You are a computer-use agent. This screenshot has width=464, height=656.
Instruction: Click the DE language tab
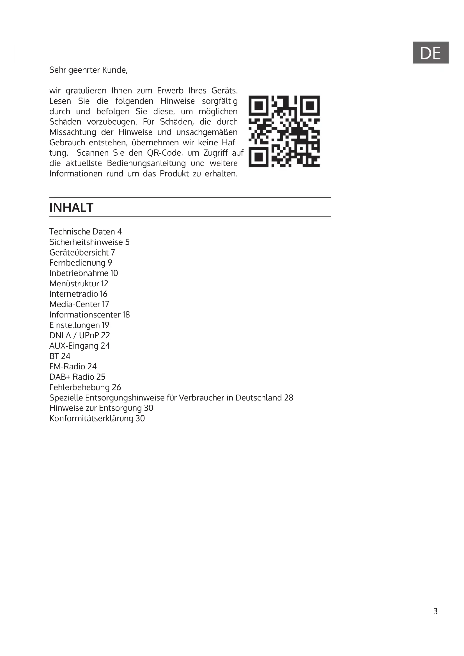430,52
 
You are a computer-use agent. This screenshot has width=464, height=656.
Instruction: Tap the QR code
284,131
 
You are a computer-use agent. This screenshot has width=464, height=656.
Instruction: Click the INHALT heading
71,208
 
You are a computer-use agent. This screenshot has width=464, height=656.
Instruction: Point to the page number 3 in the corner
435,611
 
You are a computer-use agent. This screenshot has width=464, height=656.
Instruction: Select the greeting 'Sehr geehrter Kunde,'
88,70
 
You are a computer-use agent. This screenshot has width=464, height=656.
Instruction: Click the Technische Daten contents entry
86,231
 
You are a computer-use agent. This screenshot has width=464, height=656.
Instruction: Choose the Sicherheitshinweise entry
89,242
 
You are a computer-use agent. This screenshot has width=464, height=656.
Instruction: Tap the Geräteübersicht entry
82,252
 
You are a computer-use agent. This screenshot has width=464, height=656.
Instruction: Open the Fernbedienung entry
81,263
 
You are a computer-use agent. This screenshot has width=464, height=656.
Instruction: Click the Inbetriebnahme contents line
83,273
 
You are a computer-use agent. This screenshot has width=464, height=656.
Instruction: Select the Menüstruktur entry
79,284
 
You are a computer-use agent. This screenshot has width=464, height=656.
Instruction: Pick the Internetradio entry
78,294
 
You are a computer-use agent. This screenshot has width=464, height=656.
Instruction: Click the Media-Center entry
79,304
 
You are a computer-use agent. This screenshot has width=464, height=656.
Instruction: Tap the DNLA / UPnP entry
79,335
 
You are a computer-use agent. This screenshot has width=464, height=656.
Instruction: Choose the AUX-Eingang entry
79,346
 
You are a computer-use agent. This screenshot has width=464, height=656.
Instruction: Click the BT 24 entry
60,356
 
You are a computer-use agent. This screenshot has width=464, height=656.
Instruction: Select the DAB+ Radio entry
77,377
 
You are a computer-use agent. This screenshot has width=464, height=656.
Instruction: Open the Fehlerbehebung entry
85,387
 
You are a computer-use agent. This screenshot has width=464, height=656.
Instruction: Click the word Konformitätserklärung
91,418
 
